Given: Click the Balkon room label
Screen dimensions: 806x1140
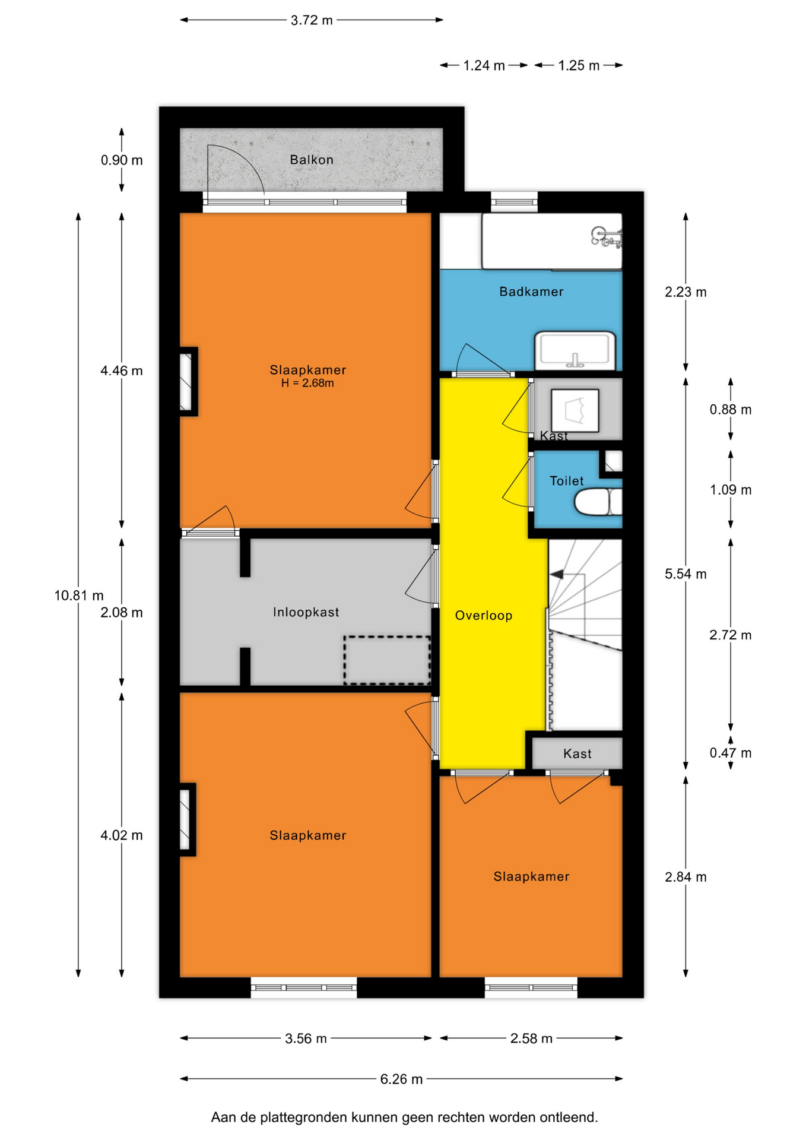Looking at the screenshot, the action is click(311, 160).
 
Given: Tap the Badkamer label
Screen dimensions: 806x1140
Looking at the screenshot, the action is click(531, 292).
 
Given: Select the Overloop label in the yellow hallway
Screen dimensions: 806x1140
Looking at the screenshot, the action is click(484, 616).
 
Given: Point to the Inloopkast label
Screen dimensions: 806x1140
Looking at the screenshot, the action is click(306, 612).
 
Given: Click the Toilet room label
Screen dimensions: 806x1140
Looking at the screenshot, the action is click(566, 481).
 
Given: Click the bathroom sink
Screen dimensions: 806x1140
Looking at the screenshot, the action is click(575, 351).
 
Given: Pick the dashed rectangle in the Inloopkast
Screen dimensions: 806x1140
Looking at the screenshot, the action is click(387, 660).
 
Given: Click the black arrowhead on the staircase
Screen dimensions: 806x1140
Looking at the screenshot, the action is click(557, 574).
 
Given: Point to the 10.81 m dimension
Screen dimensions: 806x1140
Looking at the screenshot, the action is click(79, 596).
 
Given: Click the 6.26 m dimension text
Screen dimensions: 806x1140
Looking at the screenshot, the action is click(401, 1079).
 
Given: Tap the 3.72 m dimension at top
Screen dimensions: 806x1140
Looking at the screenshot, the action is click(312, 20).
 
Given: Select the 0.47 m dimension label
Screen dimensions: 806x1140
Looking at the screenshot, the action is click(731, 753).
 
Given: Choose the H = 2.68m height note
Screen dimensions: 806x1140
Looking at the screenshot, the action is click(307, 384).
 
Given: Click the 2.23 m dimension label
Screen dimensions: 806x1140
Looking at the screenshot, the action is click(686, 292).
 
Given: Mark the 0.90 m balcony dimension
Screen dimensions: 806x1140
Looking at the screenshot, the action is click(122, 160).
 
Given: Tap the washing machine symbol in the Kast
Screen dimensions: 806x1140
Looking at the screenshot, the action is click(575, 410).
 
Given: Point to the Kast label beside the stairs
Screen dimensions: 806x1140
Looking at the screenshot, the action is click(577, 754).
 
